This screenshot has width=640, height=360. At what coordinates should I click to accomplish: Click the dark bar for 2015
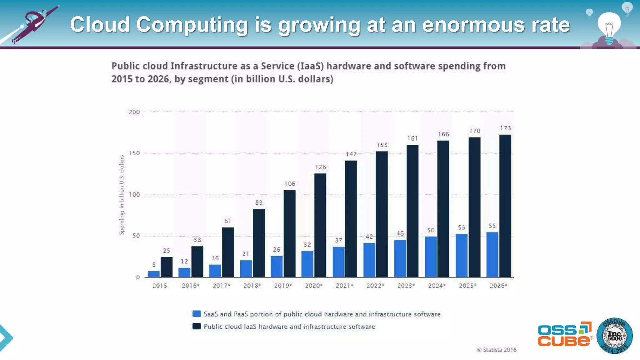tap(166, 267)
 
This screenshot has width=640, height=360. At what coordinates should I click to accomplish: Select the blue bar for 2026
tap(492, 255)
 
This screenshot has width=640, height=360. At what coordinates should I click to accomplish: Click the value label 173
tap(505, 128)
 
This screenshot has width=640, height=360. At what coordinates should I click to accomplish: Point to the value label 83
tap(258, 203)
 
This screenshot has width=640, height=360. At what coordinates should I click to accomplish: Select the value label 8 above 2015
tap(154, 265)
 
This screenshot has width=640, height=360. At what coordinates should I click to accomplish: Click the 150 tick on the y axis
tap(134, 153)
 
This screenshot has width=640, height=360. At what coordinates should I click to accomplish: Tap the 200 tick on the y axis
tap(134, 112)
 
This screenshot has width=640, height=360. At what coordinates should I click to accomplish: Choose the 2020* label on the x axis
tap(313, 286)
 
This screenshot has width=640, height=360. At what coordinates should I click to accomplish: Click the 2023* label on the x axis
tap(406, 286)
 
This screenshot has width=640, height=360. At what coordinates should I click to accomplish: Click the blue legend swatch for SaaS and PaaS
tap(197, 314)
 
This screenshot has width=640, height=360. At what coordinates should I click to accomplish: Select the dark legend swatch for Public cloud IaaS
tap(197, 326)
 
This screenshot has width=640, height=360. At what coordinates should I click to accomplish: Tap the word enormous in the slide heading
tap(473, 25)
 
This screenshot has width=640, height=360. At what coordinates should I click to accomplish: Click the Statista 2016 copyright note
tap(497, 350)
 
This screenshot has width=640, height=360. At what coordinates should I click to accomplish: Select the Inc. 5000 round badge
tap(614, 336)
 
